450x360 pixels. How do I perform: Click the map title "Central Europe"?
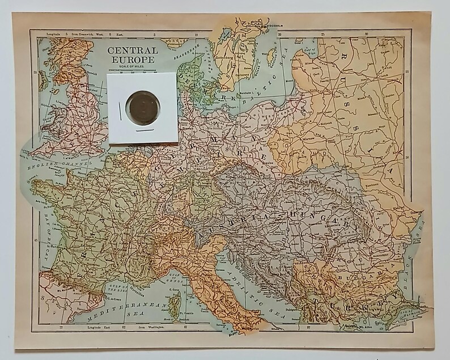coord(133,56)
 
